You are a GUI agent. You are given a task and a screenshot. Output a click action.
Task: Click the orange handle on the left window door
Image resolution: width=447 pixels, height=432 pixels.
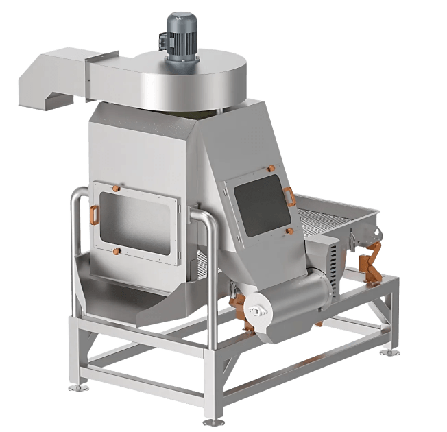[91, 215]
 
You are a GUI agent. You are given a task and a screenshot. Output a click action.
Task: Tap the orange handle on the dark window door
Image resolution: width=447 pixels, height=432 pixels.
[291, 196]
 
